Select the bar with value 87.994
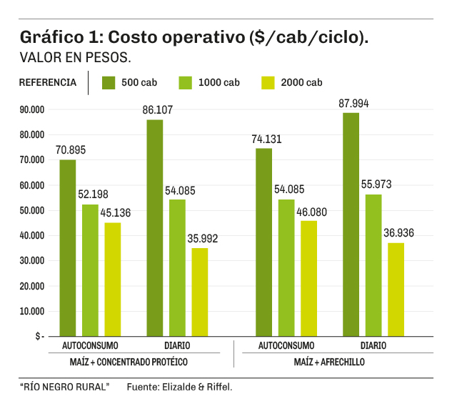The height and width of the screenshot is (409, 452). [x=351, y=224]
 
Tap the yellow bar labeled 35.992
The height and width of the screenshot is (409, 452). [x=200, y=292]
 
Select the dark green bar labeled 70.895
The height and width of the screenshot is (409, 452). [x=68, y=247]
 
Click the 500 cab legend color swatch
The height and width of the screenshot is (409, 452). [x=109, y=82]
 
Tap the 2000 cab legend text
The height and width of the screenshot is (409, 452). [x=303, y=83]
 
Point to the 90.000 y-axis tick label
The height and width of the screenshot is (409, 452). [x=32, y=109]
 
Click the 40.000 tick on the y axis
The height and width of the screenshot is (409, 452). [x=32, y=235]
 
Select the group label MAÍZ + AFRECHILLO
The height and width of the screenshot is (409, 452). [x=329, y=363]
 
